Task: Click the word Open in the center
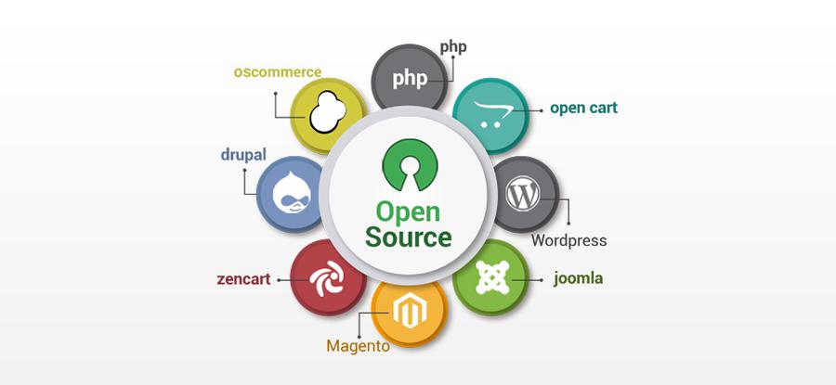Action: (x=409, y=212)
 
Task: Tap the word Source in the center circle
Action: (x=409, y=237)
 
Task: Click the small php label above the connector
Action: (x=453, y=47)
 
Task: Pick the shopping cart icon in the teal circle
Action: (x=491, y=114)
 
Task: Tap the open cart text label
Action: (x=584, y=109)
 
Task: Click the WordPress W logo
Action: (x=522, y=193)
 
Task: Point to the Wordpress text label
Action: (x=568, y=240)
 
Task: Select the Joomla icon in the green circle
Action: (x=491, y=277)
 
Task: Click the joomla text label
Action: (x=578, y=278)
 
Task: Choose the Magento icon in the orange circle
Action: (x=408, y=312)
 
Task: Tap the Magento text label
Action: (x=358, y=346)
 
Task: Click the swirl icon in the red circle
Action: (x=327, y=278)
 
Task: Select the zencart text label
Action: (x=243, y=279)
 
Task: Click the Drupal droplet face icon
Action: (x=291, y=192)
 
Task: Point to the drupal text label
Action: (x=243, y=156)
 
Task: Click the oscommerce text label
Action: (x=277, y=71)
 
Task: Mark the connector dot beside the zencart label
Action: (x=279, y=279)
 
